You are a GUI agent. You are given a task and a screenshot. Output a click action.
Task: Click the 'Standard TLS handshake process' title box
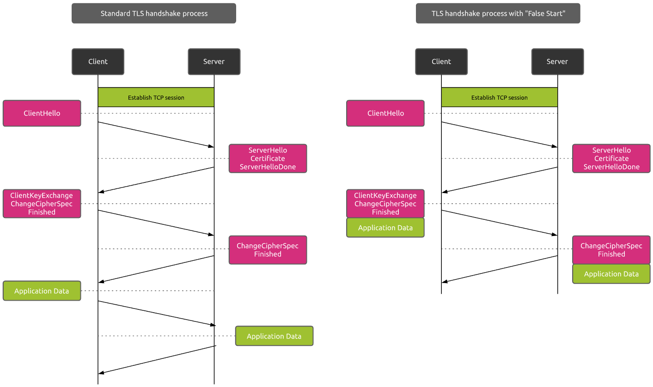pos(153,13)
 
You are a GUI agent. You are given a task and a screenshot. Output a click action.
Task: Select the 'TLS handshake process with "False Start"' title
pos(498,13)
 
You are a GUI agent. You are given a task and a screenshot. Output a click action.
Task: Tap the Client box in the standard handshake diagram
pos(98,61)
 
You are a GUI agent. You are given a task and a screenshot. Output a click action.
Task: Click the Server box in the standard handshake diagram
pos(214,61)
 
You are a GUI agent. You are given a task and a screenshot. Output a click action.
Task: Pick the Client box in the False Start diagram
pos(441,61)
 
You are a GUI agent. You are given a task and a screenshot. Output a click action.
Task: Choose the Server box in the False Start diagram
pos(557,61)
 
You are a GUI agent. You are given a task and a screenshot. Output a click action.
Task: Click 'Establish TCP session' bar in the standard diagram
pos(156,97)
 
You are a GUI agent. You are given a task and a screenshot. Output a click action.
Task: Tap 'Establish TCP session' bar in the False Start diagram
pos(500,97)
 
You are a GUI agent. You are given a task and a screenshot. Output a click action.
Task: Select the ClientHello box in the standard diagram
pos(42,113)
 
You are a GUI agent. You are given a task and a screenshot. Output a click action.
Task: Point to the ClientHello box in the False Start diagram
pos(385,113)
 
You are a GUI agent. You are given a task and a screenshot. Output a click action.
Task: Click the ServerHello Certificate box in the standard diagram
pos(268,158)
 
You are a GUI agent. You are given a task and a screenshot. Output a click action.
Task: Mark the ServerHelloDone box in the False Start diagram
pos(611,158)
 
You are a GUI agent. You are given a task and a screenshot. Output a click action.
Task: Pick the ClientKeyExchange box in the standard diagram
pos(42,203)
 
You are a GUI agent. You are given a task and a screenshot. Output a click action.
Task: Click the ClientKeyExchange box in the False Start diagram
pos(385,203)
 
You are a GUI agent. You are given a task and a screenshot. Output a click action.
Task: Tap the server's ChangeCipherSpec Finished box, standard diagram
pos(268,250)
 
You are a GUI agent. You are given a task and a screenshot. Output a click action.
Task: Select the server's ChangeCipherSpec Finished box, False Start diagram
pos(611,250)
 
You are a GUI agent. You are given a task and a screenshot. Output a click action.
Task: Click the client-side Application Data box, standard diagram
pos(42,290)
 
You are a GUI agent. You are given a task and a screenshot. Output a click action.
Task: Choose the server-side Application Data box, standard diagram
pos(274,336)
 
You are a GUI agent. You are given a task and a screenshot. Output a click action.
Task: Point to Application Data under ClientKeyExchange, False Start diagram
pos(385,228)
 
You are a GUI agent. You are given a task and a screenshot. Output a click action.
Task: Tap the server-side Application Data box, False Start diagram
pos(611,274)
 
